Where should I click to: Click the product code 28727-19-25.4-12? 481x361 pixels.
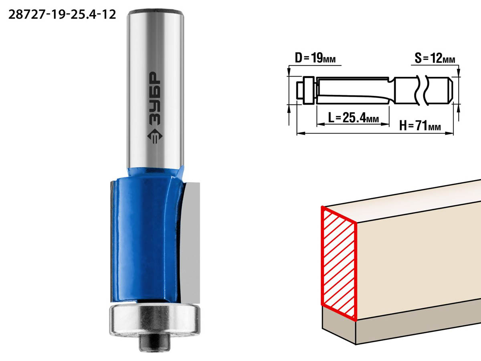pyautogui.click(x=62, y=15)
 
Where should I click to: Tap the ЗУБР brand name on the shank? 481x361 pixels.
pyautogui.click(x=155, y=98)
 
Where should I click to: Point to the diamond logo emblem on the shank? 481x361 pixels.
pyautogui.click(x=155, y=136)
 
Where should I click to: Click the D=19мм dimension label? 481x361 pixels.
pyautogui.click(x=315, y=58)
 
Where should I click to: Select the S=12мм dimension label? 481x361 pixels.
pyautogui.click(x=435, y=58)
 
